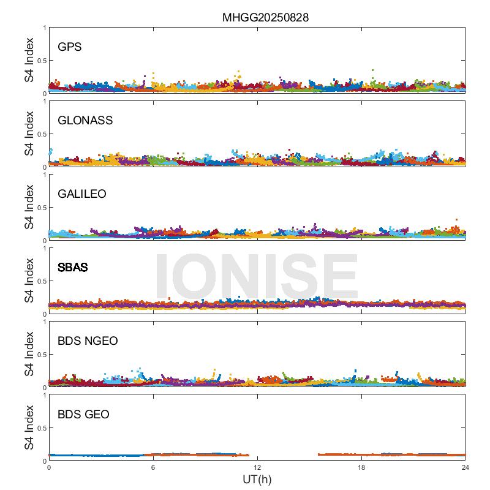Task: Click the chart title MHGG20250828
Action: pos(265,17)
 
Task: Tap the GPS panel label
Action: pos(70,47)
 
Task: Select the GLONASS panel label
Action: pos(85,121)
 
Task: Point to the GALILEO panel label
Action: pos(82,194)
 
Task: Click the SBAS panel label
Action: pos(72,268)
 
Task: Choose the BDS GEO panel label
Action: pos(83,415)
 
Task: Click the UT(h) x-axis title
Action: pos(257,479)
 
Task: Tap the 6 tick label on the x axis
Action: pos(153,467)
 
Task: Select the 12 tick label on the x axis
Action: pos(257,467)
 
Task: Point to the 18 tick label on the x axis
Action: pos(361,467)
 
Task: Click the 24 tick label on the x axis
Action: pos(466,467)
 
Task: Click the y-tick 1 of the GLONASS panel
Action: pos(45,101)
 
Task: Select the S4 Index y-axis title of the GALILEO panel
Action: pos(29,208)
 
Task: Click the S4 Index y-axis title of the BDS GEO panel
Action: pos(29,428)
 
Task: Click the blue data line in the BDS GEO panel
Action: pos(98,455)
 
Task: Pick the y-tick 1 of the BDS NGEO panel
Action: pos(45,322)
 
